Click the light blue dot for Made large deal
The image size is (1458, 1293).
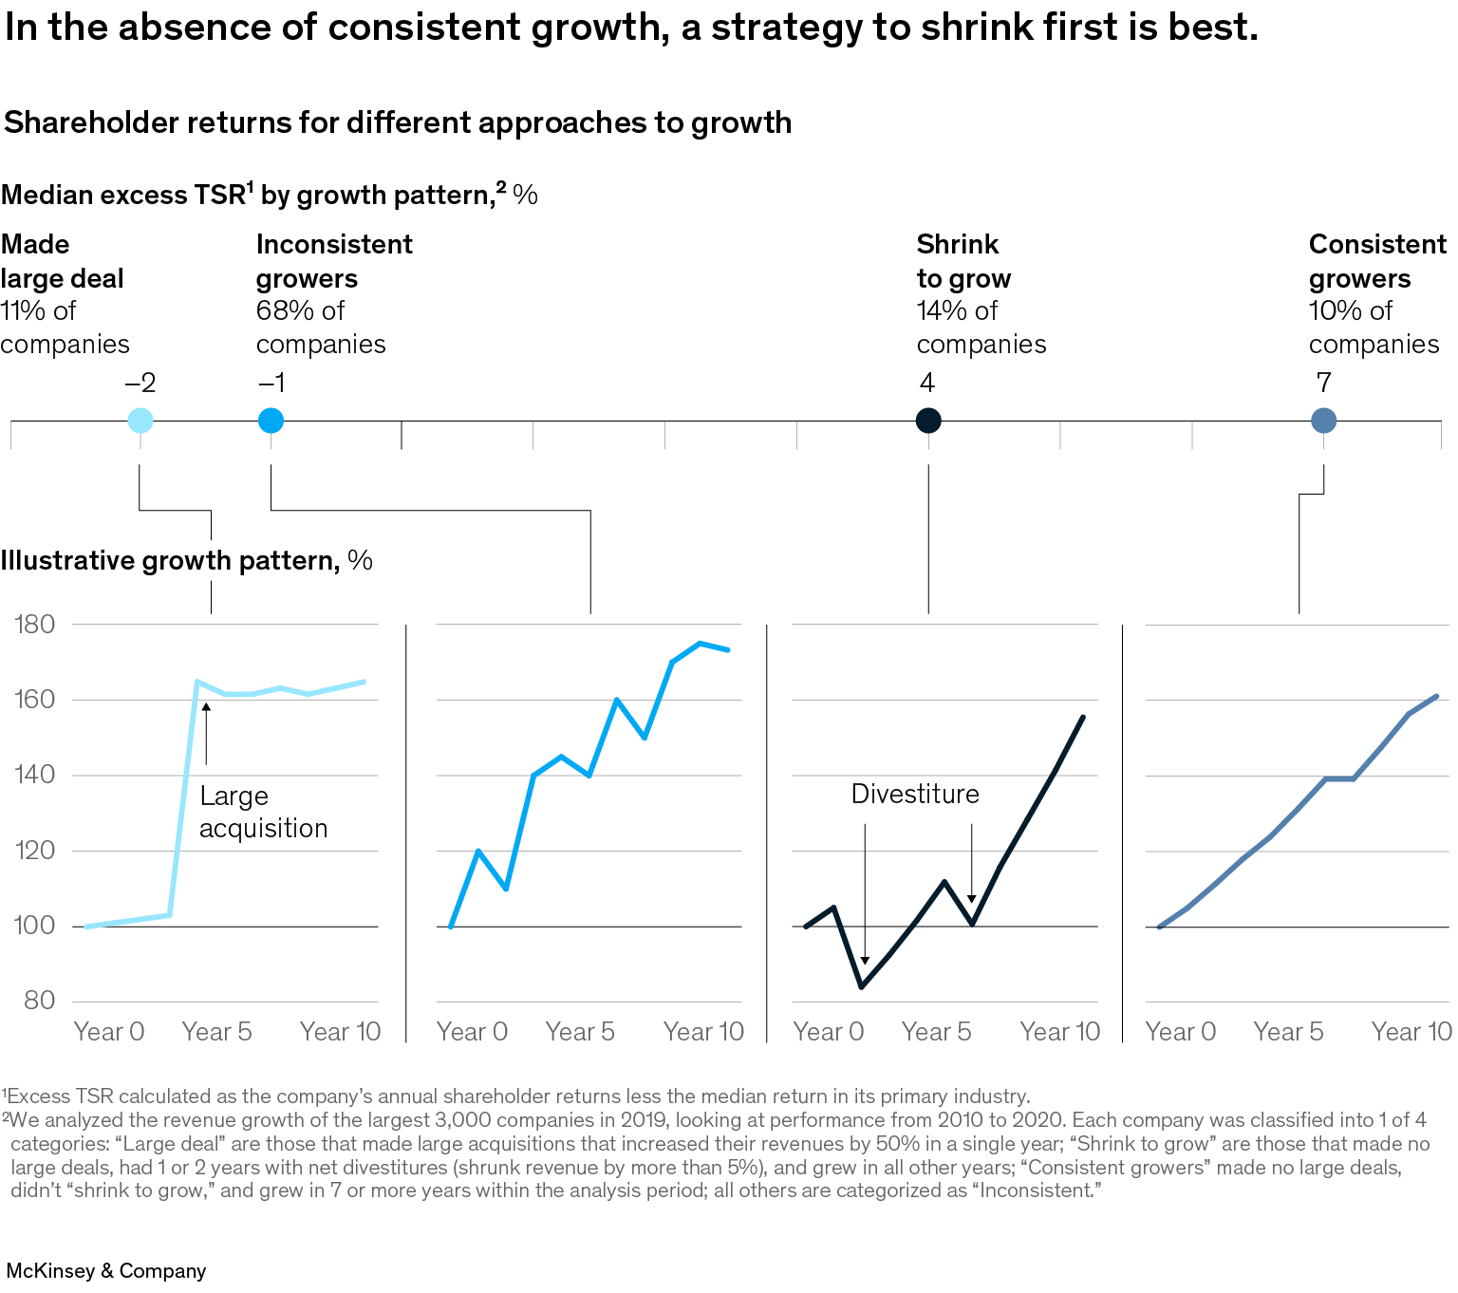(x=140, y=420)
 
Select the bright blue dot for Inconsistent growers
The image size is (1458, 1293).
(x=271, y=420)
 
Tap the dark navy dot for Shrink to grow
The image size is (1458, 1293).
(x=928, y=420)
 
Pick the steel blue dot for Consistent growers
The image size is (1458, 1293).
(x=1323, y=420)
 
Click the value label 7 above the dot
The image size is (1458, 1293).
(x=1323, y=383)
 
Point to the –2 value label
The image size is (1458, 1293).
(x=140, y=383)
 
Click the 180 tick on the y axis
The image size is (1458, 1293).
(x=35, y=625)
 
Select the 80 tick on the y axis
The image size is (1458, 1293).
(x=40, y=1001)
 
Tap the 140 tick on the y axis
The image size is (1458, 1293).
(x=35, y=775)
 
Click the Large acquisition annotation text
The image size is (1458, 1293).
(x=263, y=812)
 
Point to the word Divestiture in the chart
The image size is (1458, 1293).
(x=915, y=794)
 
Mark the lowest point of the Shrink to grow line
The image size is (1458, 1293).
(x=861, y=987)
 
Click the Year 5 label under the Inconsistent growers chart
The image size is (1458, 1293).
(x=580, y=1032)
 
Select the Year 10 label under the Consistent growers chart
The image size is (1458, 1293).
(x=1411, y=1032)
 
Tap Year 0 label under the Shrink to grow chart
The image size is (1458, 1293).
(x=829, y=1032)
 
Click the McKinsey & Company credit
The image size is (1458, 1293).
(x=106, y=1271)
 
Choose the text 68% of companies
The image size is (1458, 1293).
(x=320, y=328)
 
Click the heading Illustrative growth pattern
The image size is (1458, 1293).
(x=170, y=560)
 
